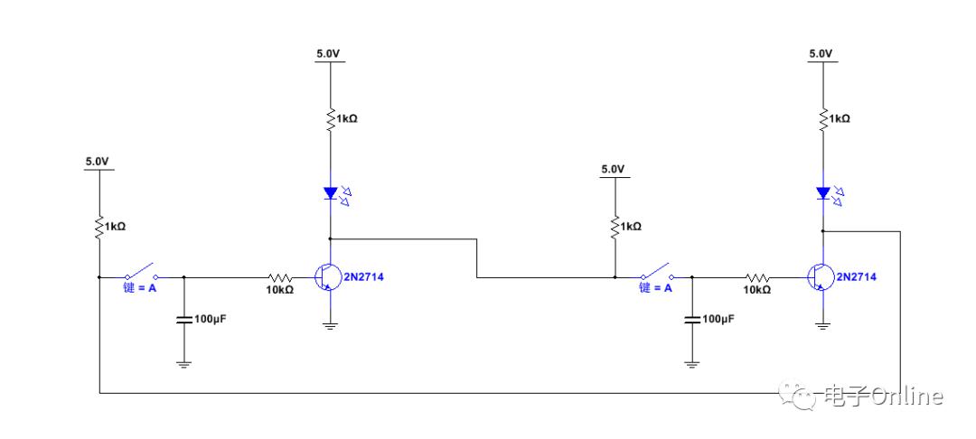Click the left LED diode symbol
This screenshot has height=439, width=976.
pyautogui.click(x=330, y=192)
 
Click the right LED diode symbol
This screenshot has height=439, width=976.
pyautogui.click(x=822, y=192)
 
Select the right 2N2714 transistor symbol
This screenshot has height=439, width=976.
pyautogui.click(x=819, y=277)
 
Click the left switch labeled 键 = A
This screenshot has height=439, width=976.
pyautogui.click(x=140, y=273)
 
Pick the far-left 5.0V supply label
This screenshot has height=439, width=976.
pyautogui.click(x=97, y=162)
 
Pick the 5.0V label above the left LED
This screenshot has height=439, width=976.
pyautogui.click(x=329, y=53)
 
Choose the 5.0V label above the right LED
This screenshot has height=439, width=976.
pyautogui.click(x=821, y=53)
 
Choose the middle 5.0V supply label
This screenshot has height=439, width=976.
pyautogui.click(x=613, y=169)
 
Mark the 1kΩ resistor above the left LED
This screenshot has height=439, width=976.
pyautogui.click(x=331, y=118)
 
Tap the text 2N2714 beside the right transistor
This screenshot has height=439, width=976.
pyautogui.click(x=857, y=276)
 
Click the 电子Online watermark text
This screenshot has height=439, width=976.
pyautogui.click(x=882, y=396)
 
